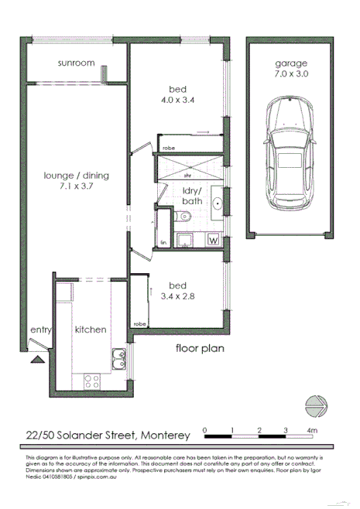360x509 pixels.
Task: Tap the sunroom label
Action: point(76,63)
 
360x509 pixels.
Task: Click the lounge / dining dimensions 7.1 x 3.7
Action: point(76,186)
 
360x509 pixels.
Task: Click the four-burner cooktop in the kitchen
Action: point(91,381)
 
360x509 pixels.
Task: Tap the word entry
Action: point(40,330)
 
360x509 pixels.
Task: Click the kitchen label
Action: point(90,330)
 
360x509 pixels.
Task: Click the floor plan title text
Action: point(199,348)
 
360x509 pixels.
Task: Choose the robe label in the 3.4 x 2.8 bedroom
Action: point(140,323)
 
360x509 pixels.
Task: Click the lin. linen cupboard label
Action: point(163,243)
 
